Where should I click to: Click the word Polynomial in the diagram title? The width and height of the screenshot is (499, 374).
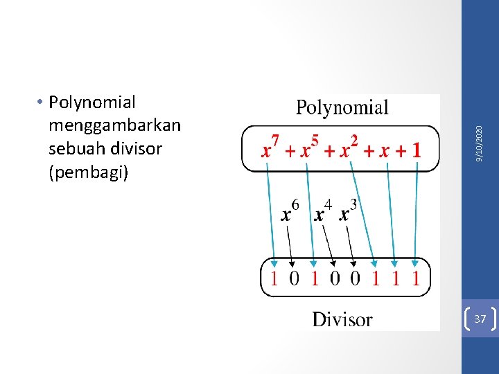(x=342, y=107)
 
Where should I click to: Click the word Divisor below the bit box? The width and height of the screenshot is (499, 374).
(x=342, y=319)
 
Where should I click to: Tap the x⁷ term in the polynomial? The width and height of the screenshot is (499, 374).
(x=270, y=149)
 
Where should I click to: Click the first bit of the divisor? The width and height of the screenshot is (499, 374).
(x=275, y=278)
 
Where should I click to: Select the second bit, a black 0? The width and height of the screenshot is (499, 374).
(x=295, y=278)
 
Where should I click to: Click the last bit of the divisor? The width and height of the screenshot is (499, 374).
(x=415, y=278)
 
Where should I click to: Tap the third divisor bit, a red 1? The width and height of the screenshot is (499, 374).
(x=315, y=278)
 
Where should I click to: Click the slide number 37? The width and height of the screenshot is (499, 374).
(x=480, y=319)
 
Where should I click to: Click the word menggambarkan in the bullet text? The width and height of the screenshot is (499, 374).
(x=114, y=125)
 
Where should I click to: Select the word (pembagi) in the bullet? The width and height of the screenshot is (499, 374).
(x=89, y=172)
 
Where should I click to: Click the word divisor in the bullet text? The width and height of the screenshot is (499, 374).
(x=135, y=148)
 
